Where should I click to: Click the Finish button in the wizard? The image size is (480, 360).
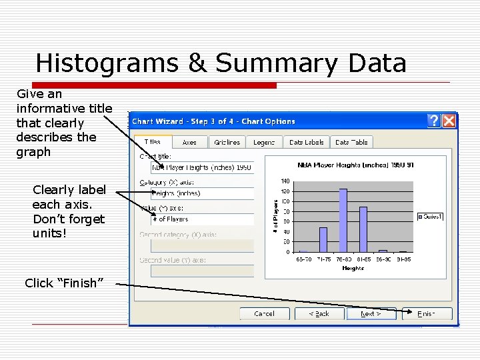[427, 313]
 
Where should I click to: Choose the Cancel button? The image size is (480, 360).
[265, 313]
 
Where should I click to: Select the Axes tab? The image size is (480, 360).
[189, 142]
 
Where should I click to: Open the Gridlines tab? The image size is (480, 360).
[227, 142]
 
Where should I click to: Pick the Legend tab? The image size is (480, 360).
[264, 142]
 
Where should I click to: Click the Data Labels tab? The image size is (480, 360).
[306, 142]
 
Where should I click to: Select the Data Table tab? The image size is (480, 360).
[351, 142]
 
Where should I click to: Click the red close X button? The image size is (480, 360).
[449, 121]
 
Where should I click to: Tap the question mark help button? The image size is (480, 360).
[434, 121]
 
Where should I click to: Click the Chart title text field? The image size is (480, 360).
[202, 167]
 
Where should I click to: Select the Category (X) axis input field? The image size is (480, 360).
[202, 193]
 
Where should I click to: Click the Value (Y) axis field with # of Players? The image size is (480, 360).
[202, 219]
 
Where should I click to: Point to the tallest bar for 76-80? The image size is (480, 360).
[343, 220]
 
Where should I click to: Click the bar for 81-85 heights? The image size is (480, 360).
[363, 229]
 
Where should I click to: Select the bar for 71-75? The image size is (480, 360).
[323, 239]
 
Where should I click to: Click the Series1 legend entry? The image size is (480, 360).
[433, 216]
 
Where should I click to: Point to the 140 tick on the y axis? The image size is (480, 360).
[285, 181]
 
